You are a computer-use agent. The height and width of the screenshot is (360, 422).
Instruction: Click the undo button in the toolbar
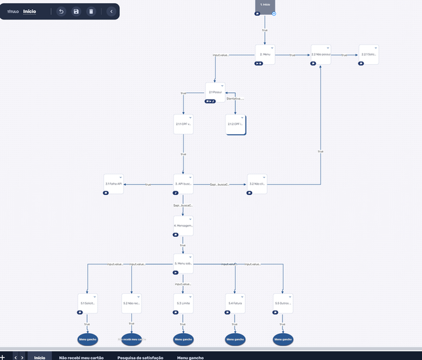pos(61,12)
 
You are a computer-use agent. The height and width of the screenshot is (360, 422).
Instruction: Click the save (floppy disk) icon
pos(76,12)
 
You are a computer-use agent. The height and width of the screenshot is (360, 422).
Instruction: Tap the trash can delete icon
pos(91,12)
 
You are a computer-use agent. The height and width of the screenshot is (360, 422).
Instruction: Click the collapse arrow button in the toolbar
pos(111,12)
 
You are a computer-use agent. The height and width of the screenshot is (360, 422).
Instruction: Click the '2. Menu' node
pos(265,55)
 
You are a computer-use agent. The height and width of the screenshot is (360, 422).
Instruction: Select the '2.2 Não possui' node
pos(320,55)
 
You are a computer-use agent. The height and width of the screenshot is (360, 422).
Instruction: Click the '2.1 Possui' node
pos(216,92)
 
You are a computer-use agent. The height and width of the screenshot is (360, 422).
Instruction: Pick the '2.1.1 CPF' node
pos(183,124)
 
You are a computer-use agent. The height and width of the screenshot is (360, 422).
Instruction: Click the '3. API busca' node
pos(183,185)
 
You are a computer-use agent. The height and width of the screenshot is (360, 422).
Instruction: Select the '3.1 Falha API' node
pos(113,185)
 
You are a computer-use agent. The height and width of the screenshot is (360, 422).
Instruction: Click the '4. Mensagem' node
pos(183,225)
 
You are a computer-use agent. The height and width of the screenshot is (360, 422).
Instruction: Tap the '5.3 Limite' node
pos(183,304)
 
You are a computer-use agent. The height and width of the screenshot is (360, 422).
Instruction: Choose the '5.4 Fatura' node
pos(235,304)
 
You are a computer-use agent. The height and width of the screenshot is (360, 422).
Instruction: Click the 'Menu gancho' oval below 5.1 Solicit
pos(87,339)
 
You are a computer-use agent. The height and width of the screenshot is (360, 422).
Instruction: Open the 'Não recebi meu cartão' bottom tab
pos(81,357)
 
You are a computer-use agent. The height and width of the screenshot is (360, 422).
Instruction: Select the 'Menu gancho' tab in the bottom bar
pos(190,357)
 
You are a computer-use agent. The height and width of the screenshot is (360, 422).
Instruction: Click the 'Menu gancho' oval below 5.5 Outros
pos(283,339)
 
